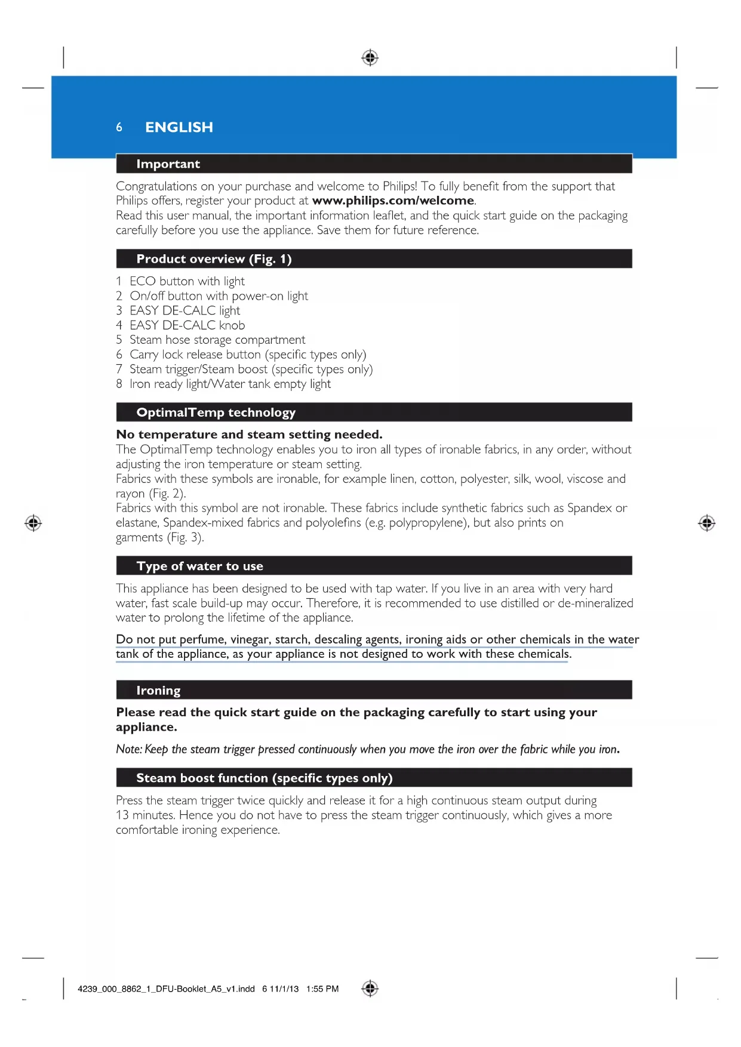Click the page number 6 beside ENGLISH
pos(119,127)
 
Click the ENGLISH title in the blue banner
pos(179,127)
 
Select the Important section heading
pos(168,164)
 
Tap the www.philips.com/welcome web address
pos(393,201)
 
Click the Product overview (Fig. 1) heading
pos(214,259)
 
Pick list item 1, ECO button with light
pos(186,281)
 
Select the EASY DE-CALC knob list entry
pos(186,325)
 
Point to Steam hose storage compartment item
pos(217,340)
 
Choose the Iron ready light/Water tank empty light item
pos(230,384)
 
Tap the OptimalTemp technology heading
pos(216,412)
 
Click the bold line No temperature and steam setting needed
pos(249,435)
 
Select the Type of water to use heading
pos(199,566)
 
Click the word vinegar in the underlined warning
pos(250,639)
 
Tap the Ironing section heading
pos(158,691)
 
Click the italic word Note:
pos(129,749)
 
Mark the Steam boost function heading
pos(264,778)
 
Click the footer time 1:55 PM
pos(322,989)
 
